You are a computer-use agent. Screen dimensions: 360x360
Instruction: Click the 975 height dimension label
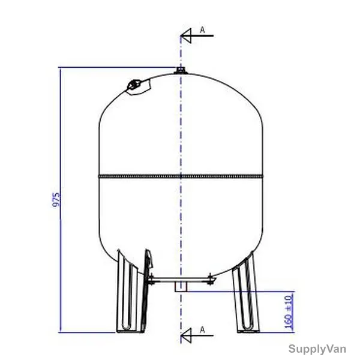[56, 200]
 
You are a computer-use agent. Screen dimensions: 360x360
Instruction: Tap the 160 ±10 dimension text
[289, 311]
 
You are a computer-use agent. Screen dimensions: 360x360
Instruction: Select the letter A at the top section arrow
[202, 29]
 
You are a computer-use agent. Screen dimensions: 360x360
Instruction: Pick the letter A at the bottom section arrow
[202, 329]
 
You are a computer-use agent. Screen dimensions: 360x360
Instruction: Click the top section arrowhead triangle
[186, 35]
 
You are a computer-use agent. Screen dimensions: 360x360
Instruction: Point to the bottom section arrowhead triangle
[186, 335]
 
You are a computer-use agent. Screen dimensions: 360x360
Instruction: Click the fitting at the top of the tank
[181, 70]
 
